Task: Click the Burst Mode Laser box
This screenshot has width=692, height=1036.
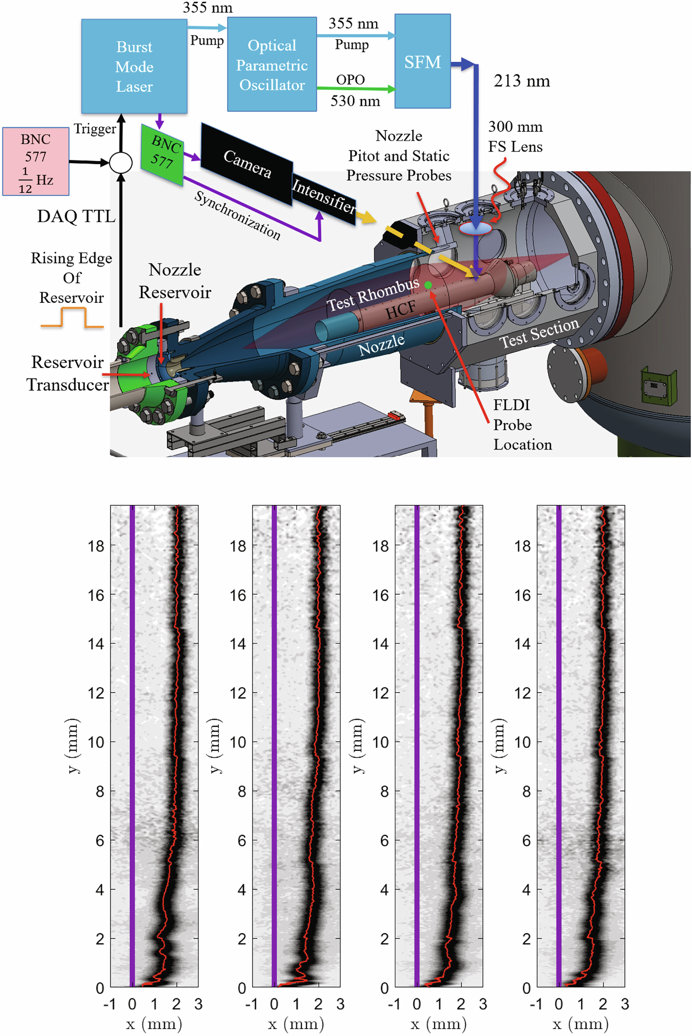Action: coord(134,66)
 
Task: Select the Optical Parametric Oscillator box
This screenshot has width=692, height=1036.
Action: coord(272,65)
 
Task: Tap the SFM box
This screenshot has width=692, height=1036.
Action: coord(422,62)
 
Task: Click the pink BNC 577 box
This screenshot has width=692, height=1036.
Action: coord(36,161)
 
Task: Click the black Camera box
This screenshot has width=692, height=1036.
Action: coord(247,164)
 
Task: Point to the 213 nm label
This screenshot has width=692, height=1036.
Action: coord(521,81)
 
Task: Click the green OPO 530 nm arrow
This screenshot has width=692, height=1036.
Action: coord(355,88)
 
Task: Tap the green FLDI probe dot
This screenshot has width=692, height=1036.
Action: coord(428,285)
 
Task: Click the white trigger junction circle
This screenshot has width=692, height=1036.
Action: coord(121,162)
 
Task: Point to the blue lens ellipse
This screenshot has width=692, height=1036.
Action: coord(475,228)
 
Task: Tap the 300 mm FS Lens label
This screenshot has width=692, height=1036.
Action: coord(515,136)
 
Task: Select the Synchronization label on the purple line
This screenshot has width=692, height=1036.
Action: coord(237,215)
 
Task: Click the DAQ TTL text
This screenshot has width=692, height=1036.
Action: coord(76,216)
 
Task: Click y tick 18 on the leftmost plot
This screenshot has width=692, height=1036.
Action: coord(96,546)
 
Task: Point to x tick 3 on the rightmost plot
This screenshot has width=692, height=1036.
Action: coord(625,1004)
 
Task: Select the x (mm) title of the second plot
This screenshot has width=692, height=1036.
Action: coord(296,1024)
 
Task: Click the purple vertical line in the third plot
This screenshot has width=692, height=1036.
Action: coord(417,738)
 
